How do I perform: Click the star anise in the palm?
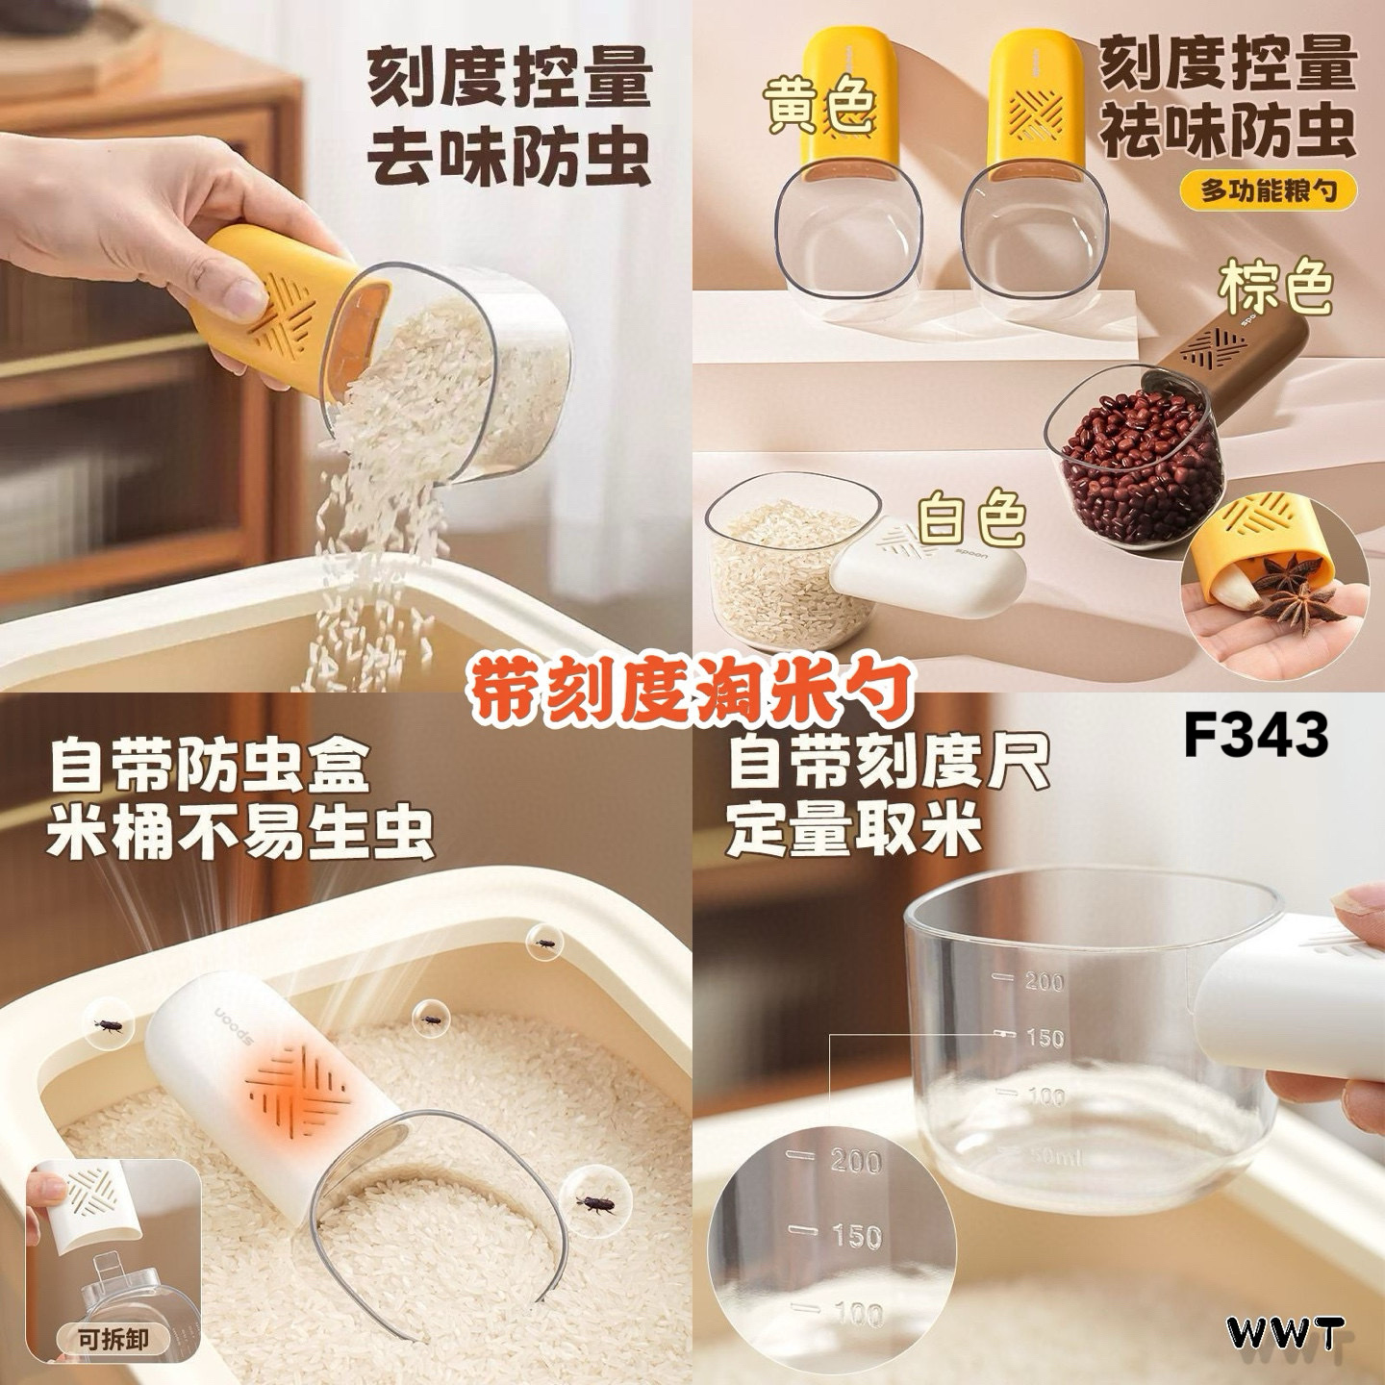click(1294, 589)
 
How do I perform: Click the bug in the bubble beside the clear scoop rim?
click(594, 1203)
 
